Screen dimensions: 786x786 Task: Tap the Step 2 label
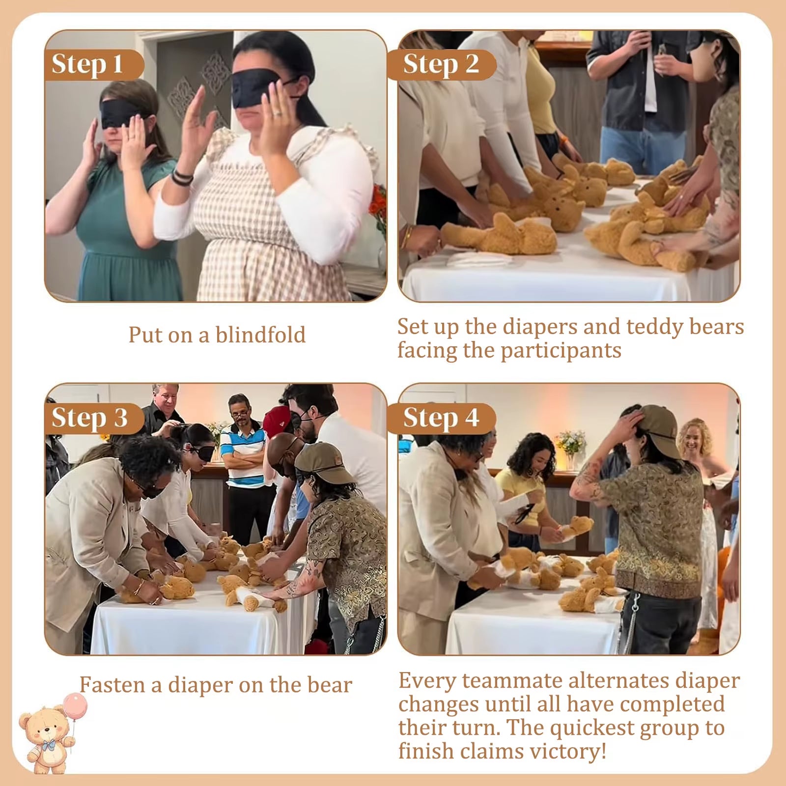pyautogui.click(x=441, y=64)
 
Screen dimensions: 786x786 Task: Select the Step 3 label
pyautogui.click(x=89, y=418)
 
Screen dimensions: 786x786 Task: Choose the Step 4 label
pyautogui.click(x=441, y=418)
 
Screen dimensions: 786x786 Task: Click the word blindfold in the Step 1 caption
pyautogui.click(x=260, y=335)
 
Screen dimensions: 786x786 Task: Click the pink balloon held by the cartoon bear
pyautogui.click(x=75, y=706)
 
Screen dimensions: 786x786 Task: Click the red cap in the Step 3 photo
pyautogui.click(x=276, y=421)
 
